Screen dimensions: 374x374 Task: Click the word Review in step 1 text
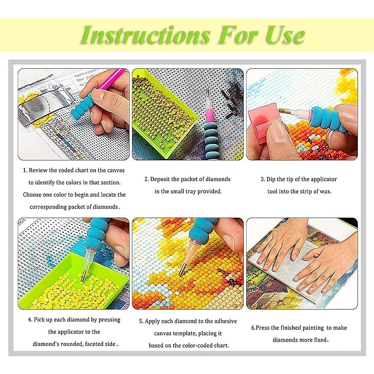point(38,170)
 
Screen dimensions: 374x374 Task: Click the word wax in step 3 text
point(325,191)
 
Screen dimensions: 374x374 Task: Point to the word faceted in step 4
point(94,344)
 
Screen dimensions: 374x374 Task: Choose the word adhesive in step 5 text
point(225,321)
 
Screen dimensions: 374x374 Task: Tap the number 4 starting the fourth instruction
point(30,320)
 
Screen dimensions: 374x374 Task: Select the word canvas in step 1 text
point(116,170)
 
